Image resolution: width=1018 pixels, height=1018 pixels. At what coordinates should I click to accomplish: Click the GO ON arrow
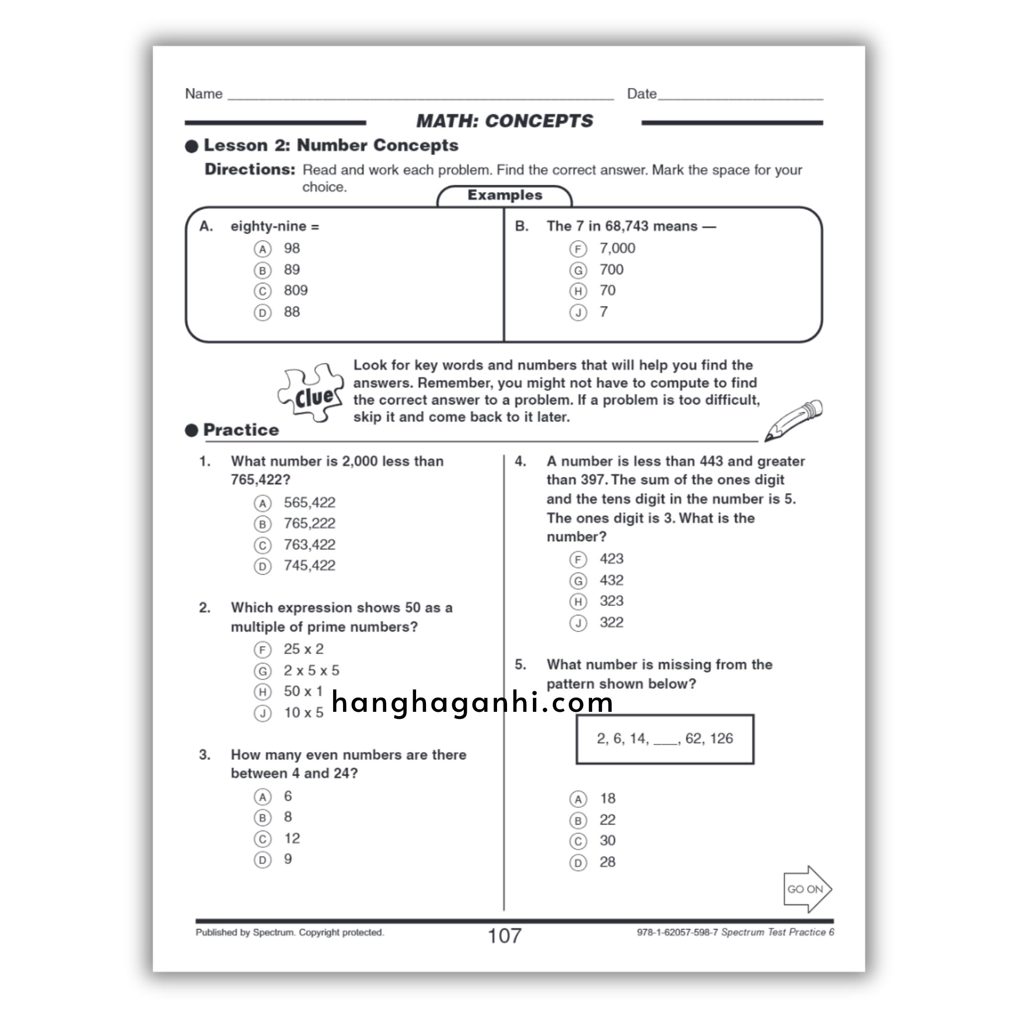[806, 889]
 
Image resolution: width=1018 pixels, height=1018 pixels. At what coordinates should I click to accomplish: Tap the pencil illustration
[793, 420]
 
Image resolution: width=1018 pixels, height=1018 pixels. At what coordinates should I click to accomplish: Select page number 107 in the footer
[504, 936]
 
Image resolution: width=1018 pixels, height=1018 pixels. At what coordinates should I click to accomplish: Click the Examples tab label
[504, 195]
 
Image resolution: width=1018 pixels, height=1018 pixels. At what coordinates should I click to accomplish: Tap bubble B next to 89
[262, 270]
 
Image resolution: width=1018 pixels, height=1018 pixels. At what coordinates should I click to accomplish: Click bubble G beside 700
[578, 270]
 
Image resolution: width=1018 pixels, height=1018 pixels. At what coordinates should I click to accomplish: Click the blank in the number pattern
[666, 741]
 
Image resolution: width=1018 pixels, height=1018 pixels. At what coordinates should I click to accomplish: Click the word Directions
[250, 170]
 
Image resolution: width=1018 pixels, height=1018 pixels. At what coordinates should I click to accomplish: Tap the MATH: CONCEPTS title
[504, 121]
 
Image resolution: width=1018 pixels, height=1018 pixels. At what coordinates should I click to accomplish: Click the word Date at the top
[641, 94]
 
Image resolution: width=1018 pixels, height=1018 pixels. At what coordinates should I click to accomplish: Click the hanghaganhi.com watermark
[473, 702]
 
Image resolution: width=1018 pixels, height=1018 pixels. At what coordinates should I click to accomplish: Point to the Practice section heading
[241, 430]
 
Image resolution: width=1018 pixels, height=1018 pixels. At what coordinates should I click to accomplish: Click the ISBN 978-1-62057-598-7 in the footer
[677, 932]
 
